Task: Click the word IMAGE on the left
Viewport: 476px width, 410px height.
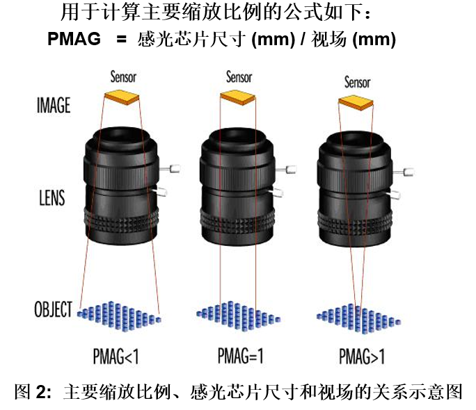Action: [x=54, y=106]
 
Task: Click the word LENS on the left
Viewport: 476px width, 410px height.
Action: [x=51, y=197]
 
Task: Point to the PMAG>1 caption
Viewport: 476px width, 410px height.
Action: [x=361, y=357]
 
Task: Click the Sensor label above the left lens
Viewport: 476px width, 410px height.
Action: [x=123, y=77]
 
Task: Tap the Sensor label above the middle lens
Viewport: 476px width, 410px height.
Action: [x=239, y=77]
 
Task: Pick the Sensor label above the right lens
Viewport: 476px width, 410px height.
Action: [x=357, y=83]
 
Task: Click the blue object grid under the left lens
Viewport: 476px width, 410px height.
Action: [x=120, y=313]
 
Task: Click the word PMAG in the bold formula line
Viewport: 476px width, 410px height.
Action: [x=74, y=40]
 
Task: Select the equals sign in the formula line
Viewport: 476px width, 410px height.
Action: [x=121, y=40]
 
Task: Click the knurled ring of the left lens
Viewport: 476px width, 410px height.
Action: [x=120, y=227]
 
